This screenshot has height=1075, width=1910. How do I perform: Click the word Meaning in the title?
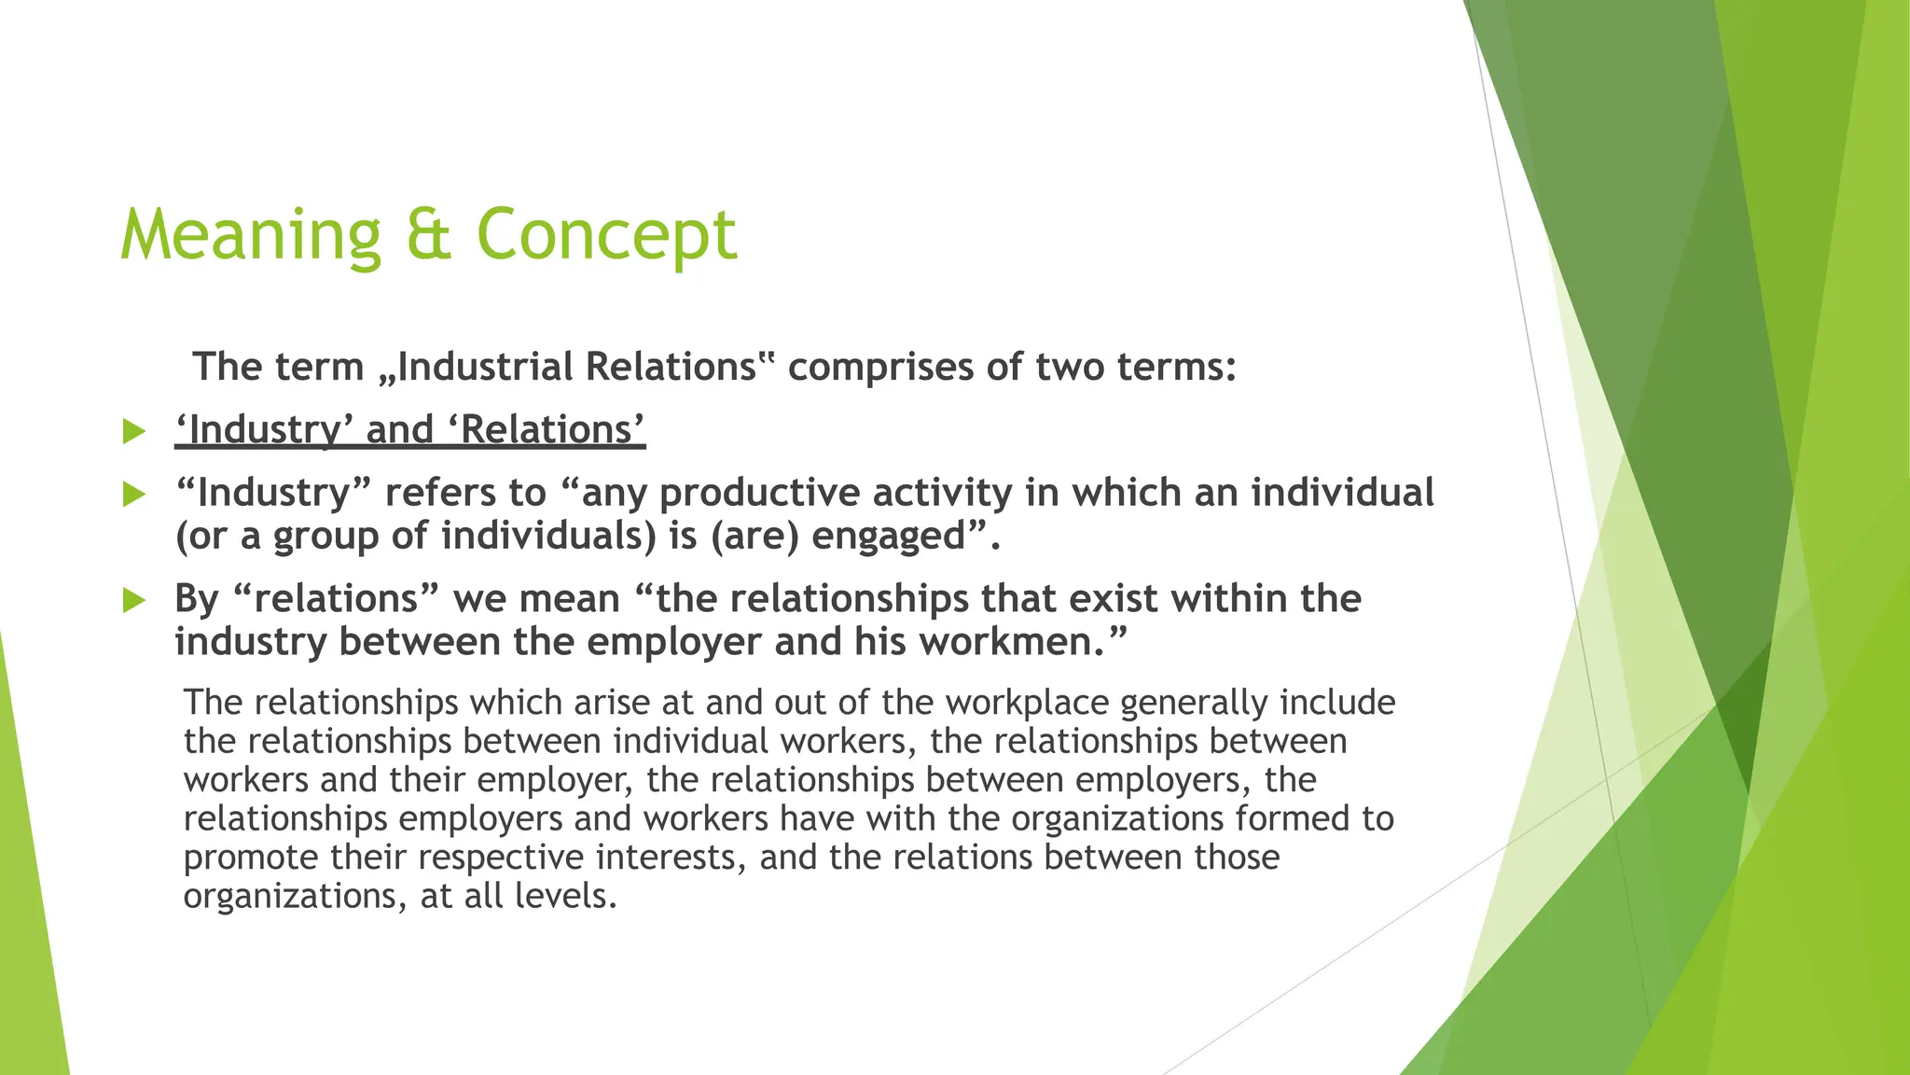pyautogui.click(x=250, y=235)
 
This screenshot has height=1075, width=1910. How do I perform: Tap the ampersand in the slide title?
pyautogui.click(x=428, y=235)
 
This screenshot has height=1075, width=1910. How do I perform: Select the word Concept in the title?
pyautogui.click(x=606, y=235)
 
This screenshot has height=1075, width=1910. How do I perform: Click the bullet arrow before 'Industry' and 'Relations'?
pyautogui.click(x=134, y=431)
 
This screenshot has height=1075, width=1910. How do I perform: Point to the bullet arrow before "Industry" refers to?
pyautogui.click(x=134, y=495)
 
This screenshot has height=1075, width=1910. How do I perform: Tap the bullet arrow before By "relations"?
pyautogui.click(x=134, y=600)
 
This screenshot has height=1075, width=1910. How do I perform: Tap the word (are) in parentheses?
pyautogui.click(x=754, y=537)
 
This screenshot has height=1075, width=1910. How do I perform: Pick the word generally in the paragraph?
pyautogui.click(x=1193, y=703)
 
